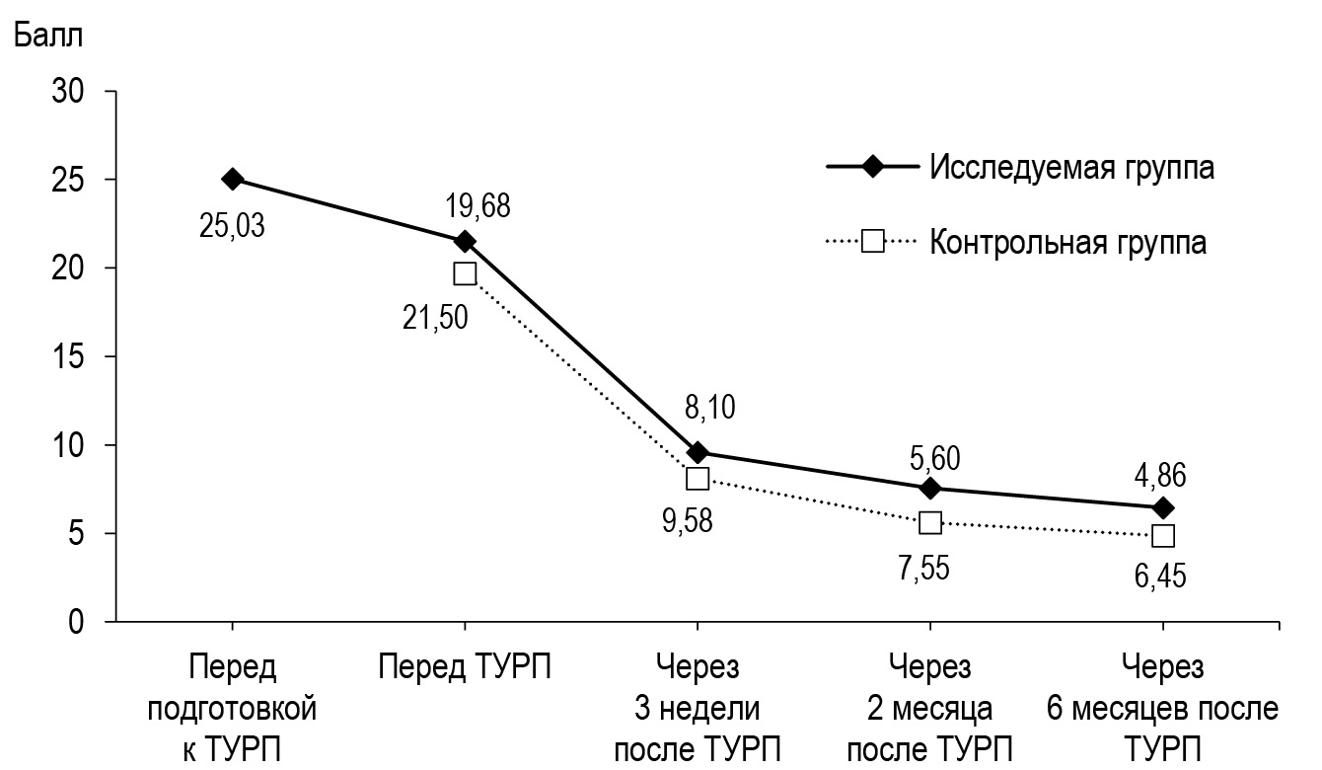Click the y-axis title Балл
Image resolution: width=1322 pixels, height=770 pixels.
pyautogui.click(x=47, y=38)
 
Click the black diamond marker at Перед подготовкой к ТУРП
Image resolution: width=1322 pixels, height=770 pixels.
pyautogui.click(x=232, y=179)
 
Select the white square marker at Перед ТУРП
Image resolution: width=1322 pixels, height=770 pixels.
pyautogui.click(x=465, y=273)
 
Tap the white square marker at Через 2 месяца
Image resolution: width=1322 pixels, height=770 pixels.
pyautogui.click(x=930, y=522)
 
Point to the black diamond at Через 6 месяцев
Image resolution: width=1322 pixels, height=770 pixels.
pyautogui.click(x=1163, y=507)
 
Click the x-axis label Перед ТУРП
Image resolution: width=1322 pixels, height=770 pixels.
pyautogui.click(x=465, y=668)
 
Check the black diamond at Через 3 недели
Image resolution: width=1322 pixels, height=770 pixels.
pyautogui.click(x=698, y=453)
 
